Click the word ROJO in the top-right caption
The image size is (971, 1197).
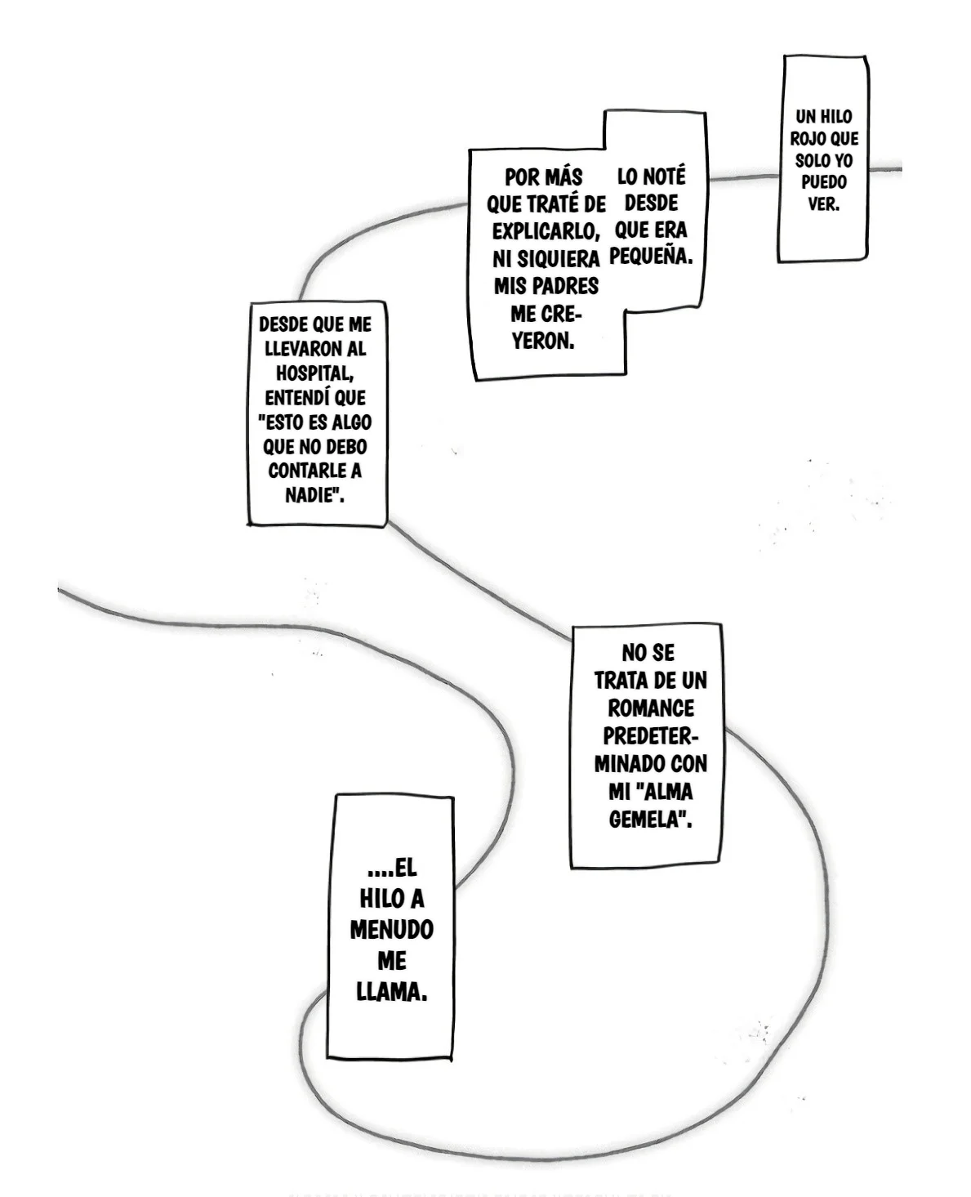point(804,138)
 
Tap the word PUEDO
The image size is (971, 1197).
point(823,182)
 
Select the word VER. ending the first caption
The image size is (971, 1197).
point(823,204)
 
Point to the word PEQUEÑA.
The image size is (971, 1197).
point(651,257)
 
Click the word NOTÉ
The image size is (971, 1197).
point(665,176)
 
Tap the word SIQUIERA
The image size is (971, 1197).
point(559,259)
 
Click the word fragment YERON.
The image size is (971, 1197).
point(543,341)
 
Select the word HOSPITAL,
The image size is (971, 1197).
point(314,373)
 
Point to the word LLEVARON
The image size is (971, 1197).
point(305,349)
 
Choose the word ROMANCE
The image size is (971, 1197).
point(651,708)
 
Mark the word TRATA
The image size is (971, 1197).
point(620,681)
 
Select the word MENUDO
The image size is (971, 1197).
point(391,930)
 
